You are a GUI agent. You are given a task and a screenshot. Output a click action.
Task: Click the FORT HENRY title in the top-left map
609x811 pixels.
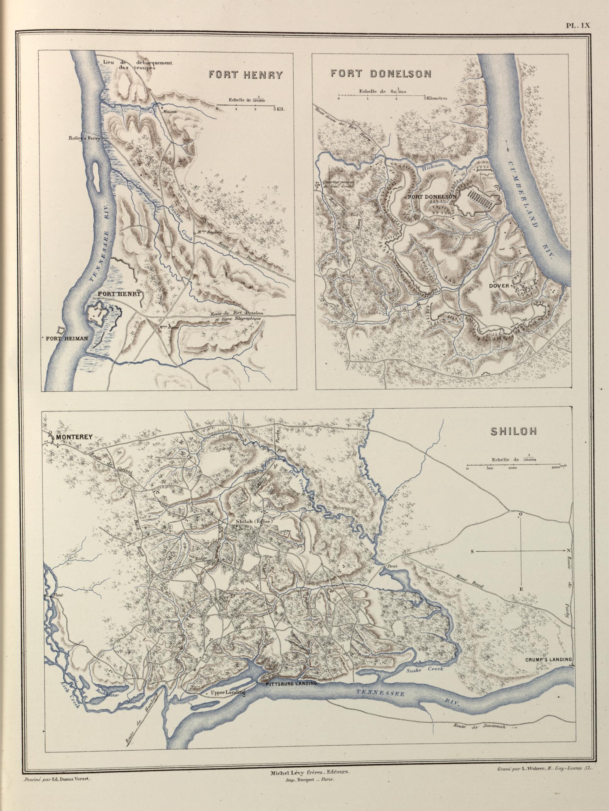pyautogui.click(x=246, y=75)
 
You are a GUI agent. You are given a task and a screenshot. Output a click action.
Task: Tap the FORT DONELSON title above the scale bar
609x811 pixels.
pyautogui.click(x=381, y=74)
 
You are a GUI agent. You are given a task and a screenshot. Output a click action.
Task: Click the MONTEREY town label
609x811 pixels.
pyautogui.click(x=73, y=437)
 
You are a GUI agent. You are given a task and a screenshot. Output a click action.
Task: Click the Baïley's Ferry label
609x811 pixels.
pyautogui.click(x=83, y=138)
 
